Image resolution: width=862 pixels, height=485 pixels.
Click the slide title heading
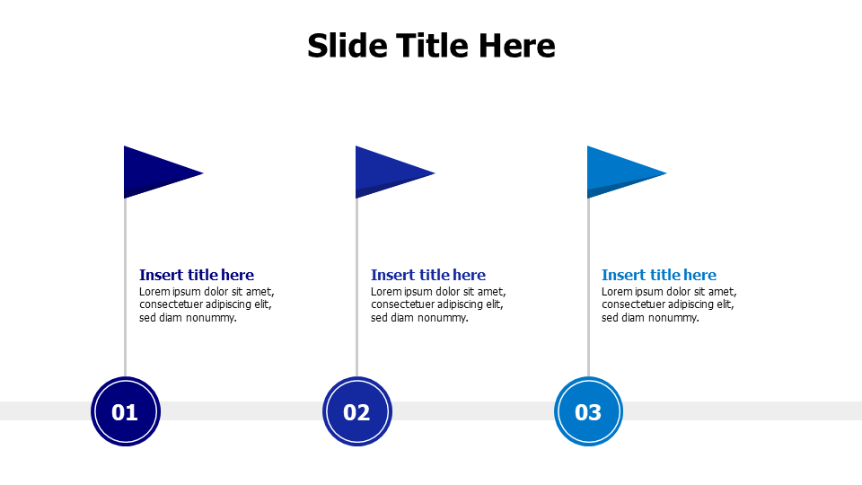[431, 46]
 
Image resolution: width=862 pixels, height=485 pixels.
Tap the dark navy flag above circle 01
[153, 171]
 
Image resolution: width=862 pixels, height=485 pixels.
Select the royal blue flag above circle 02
[384, 171]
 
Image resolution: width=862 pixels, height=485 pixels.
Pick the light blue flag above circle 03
[616, 171]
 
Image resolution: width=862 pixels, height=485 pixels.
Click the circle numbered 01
[125, 412]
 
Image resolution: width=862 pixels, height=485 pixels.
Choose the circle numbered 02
[357, 412]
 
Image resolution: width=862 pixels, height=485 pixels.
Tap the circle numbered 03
[588, 412]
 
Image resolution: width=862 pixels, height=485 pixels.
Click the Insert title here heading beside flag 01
[197, 275]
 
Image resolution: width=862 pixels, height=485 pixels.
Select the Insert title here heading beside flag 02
[428, 275]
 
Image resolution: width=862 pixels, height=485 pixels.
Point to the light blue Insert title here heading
[659, 275]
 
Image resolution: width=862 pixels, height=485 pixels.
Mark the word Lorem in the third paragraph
[617, 292]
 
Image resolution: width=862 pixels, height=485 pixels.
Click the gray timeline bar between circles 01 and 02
[241, 410]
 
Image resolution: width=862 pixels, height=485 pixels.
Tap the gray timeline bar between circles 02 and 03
[472, 410]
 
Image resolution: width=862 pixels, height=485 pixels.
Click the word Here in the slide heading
[516, 46]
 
